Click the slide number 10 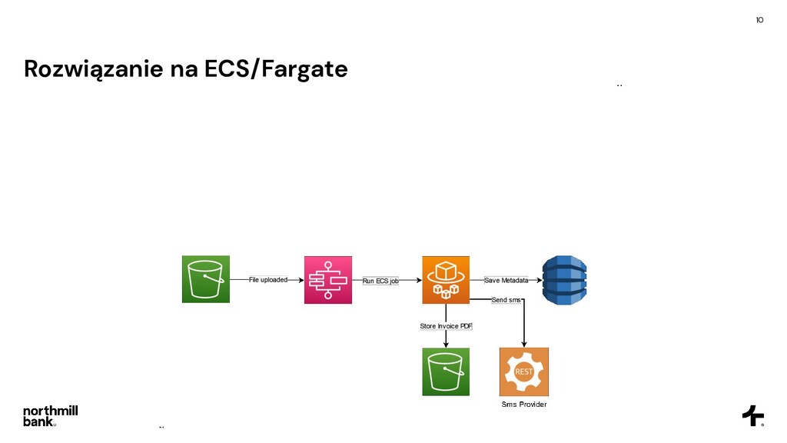pyautogui.click(x=759, y=20)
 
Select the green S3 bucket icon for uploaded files pyautogui.click(x=205, y=279)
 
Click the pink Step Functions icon pyautogui.click(x=328, y=279)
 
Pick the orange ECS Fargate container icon pyautogui.click(x=446, y=279)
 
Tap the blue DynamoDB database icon pyautogui.click(x=564, y=279)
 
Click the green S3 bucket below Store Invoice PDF pyautogui.click(x=446, y=371)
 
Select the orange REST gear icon pyautogui.click(x=524, y=371)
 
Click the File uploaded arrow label pyautogui.click(x=267, y=280)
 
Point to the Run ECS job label pyautogui.click(x=380, y=281)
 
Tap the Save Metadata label pyautogui.click(x=506, y=280)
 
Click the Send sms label pyautogui.click(x=506, y=300)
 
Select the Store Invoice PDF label pyautogui.click(x=446, y=326)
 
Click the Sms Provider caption pyautogui.click(x=524, y=405)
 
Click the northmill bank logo pyautogui.click(x=50, y=415)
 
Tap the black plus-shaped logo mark pyautogui.click(x=752, y=415)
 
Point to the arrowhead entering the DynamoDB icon pyautogui.click(x=538, y=280)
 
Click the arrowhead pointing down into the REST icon pyautogui.click(x=524, y=343)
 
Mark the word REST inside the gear pyautogui.click(x=524, y=372)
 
